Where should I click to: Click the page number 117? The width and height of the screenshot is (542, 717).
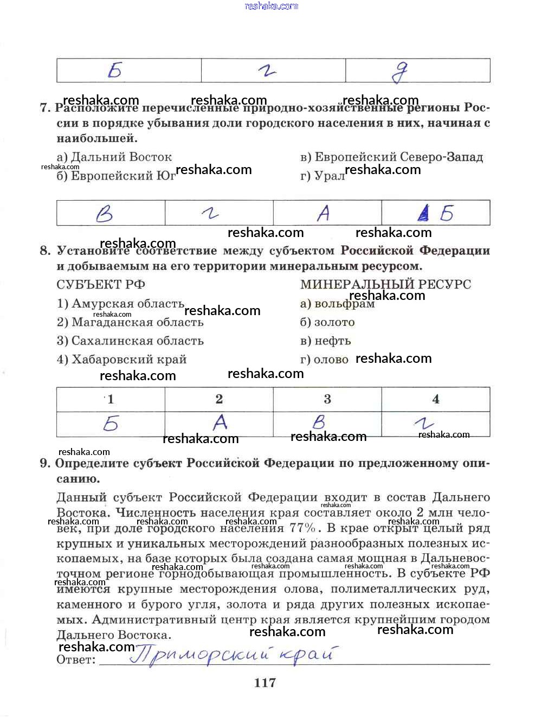tap(265, 682)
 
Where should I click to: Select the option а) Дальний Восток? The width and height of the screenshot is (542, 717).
tap(114, 157)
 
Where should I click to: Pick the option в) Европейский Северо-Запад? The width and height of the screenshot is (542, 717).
tap(391, 157)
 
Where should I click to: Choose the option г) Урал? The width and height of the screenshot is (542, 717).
tap(322, 176)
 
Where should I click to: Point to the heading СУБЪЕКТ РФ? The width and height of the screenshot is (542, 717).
tap(101, 284)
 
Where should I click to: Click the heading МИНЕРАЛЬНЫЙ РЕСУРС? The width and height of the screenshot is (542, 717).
tap(385, 284)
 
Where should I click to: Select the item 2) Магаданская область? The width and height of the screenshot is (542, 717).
tap(130, 322)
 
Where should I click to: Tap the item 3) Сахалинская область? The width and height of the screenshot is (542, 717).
tap(130, 341)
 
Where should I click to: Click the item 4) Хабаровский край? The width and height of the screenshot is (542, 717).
tap(121, 359)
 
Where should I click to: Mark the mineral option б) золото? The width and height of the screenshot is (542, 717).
tap(327, 322)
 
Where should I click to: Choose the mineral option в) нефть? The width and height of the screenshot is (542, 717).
tap(325, 341)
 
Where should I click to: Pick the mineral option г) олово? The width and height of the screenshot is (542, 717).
tap(324, 359)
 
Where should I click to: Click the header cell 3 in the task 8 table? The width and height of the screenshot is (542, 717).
tap(327, 399)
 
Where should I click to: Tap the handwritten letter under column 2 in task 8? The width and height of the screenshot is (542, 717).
tap(220, 422)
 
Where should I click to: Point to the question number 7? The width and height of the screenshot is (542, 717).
tap(45, 107)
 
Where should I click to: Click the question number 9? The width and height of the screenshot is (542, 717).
tap(45, 463)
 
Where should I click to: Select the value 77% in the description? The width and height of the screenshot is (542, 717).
tap(302, 528)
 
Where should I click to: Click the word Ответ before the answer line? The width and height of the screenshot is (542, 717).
tap(76, 660)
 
